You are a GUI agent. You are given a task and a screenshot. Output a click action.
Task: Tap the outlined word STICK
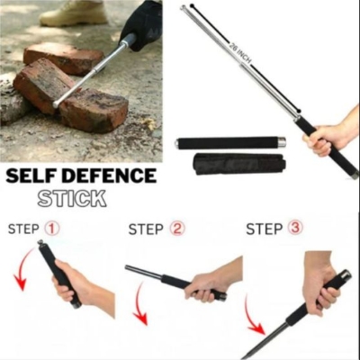(72, 198)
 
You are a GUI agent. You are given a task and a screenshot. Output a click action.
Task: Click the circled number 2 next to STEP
(176, 229)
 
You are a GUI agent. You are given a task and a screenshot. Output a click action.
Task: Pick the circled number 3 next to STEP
(294, 229)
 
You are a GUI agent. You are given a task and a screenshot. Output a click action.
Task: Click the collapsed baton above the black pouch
(230, 142)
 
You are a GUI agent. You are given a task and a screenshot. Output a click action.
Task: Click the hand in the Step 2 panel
(211, 283)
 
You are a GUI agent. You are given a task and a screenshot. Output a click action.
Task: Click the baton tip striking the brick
(59, 103)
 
